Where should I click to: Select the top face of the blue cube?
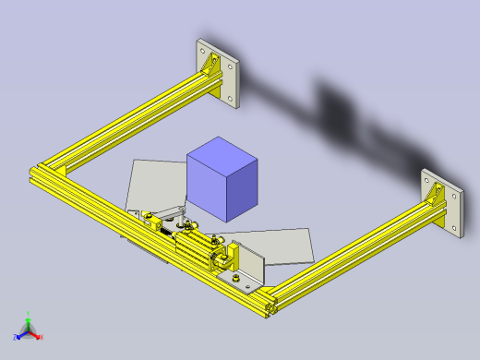[x=222, y=153]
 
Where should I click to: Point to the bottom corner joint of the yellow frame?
[x=268, y=308]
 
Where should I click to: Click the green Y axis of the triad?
[x=28, y=318]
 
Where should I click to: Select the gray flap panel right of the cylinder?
[x=277, y=245]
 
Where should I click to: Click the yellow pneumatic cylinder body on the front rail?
[x=194, y=242]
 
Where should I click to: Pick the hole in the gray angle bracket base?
[x=237, y=277]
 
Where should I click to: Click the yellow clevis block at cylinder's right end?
[x=220, y=258]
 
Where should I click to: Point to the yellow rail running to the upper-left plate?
[x=129, y=120]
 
